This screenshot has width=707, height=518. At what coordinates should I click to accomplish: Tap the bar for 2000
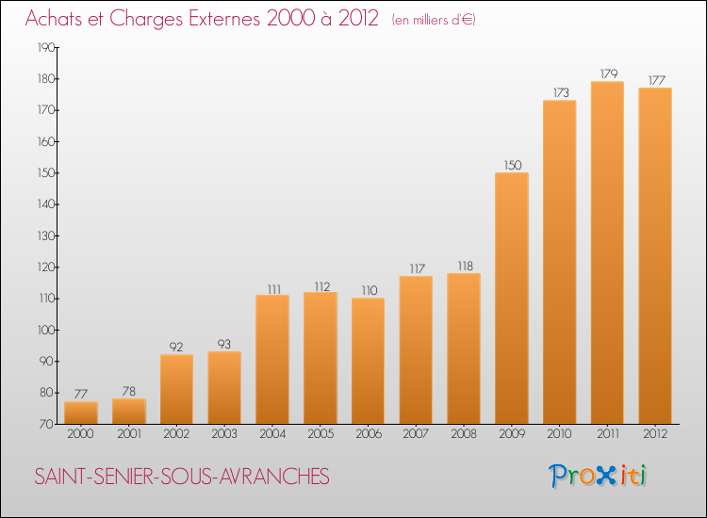pyautogui.click(x=81, y=413)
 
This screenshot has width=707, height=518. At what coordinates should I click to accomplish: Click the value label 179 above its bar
pyautogui.click(x=607, y=73)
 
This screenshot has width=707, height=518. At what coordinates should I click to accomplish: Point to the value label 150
pyautogui.click(x=512, y=165)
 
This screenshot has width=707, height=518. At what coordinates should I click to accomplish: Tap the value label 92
pyautogui.click(x=177, y=347)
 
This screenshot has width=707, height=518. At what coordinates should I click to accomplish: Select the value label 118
pyautogui.click(x=464, y=266)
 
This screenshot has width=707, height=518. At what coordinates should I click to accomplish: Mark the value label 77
pyautogui.click(x=81, y=394)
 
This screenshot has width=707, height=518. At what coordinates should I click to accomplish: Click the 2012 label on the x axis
pyautogui.click(x=655, y=434)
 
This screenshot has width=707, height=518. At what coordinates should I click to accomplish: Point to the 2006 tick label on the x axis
pyautogui.click(x=368, y=434)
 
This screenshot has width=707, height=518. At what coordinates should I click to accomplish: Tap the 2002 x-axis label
pyautogui.click(x=176, y=434)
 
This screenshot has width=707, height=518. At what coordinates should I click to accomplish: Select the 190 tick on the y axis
pyautogui.click(x=45, y=48)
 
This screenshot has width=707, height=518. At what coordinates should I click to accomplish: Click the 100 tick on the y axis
pyautogui.click(x=45, y=331)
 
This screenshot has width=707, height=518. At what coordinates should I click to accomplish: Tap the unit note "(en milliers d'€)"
pyautogui.click(x=434, y=20)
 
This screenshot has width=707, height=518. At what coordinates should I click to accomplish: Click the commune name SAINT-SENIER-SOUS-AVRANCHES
pyautogui.click(x=182, y=478)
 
